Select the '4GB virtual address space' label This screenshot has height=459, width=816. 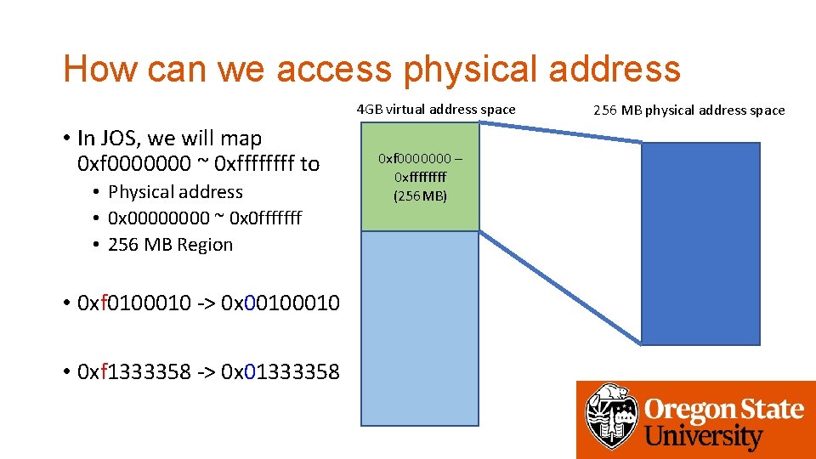click(436, 109)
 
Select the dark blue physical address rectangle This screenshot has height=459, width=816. click(700, 242)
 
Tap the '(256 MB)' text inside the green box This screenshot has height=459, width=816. click(420, 195)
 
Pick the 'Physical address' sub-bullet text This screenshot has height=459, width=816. click(175, 192)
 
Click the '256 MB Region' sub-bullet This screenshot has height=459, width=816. click(170, 245)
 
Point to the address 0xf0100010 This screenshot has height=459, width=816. click(134, 303)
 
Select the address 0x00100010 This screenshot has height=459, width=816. click(280, 303)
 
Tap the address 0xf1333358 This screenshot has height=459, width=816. click(134, 371)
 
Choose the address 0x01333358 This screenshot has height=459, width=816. click(280, 371)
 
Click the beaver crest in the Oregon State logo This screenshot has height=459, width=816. click(610, 417)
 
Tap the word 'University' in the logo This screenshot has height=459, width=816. click(704, 437)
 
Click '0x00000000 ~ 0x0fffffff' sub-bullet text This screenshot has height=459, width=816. click(205, 218)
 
